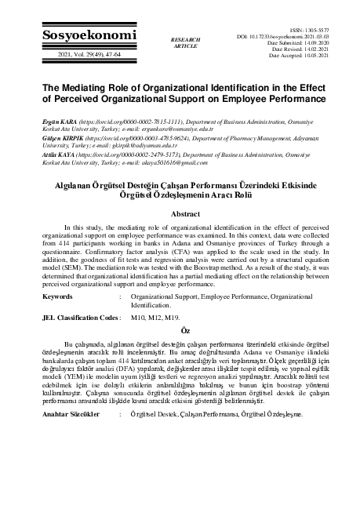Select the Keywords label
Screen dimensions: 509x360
tap(60, 297)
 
